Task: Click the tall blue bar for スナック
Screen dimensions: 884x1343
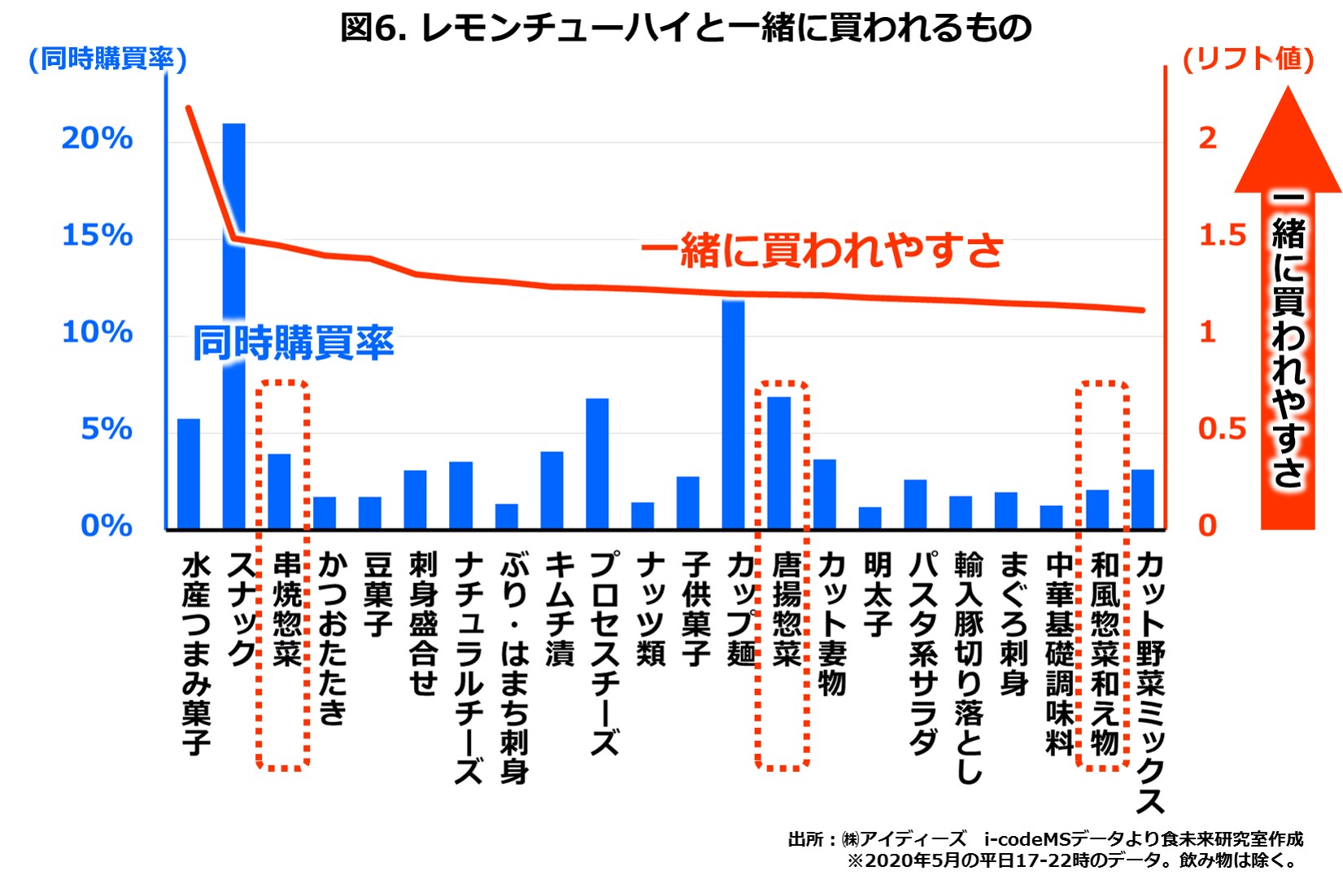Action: [233, 325]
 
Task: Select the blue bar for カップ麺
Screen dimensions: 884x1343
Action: [733, 415]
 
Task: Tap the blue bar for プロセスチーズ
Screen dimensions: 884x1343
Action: [597, 464]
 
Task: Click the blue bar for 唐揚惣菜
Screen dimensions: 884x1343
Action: [778, 463]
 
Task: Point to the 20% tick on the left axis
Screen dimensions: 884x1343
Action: [97, 138]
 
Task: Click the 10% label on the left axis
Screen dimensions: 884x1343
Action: [97, 332]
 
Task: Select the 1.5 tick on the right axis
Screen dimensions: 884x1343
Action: [1222, 235]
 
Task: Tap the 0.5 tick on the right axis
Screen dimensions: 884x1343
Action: [1222, 429]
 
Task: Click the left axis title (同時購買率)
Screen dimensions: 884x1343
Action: [107, 59]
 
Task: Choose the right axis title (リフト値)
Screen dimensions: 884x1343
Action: [1247, 59]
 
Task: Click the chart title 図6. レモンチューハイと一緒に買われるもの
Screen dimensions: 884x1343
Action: [686, 27]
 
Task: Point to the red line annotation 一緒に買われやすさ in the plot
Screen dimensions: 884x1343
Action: [822, 250]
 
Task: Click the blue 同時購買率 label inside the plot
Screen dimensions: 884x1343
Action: [293, 342]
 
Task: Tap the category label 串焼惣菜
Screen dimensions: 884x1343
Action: [286, 610]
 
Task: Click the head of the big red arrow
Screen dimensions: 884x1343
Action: [1288, 142]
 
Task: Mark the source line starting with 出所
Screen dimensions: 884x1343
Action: [1045, 838]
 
